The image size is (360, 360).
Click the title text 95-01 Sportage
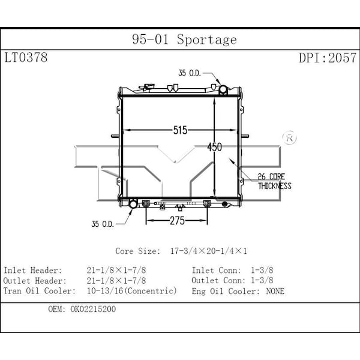pyautogui.click(x=184, y=40)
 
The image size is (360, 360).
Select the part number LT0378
pyautogui.click(x=26, y=58)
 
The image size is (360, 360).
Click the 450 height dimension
pyautogui.click(x=215, y=146)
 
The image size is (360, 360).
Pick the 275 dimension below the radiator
pyautogui.click(x=176, y=221)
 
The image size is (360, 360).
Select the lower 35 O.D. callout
pyautogui.click(x=103, y=224)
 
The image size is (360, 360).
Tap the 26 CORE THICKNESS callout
pyautogui.click(x=274, y=181)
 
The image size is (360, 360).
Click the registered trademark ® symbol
pyautogui.click(x=289, y=137)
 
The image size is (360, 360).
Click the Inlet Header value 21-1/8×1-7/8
pyautogui.click(x=116, y=271)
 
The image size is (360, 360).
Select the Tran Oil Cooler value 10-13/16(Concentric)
pyautogui.click(x=132, y=291)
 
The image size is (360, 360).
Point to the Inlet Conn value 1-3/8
pyautogui.click(x=262, y=271)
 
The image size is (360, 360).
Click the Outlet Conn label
pyautogui.click(x=217, y=281)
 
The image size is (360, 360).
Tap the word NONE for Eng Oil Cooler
pyautogui.click(x=274, y=292)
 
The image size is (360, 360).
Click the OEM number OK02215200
pyautogui.click(x=93, y=310)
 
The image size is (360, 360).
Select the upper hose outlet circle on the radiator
pyautogui.click(x=223, y=90)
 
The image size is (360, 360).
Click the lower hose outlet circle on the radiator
pyautogui.click(x=133, y=205)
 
